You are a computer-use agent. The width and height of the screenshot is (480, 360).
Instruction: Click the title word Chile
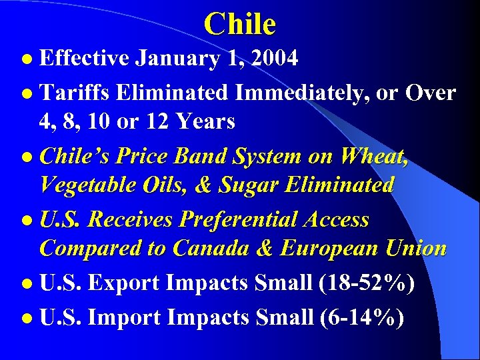pyautogui.click(x=240, y=24)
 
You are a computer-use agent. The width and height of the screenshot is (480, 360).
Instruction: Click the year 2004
pyautogui.click(x=273, y=59)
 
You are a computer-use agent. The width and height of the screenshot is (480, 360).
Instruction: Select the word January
pyautogui.click(x=176, y=59)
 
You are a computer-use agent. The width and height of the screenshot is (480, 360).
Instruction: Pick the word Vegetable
pyautogui.click(x=88, y=185)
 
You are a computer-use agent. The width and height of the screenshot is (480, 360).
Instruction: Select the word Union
pyautogui.click(x=415, y=248)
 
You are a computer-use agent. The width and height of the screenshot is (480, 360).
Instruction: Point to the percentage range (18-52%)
pyautogui.click(x=367, y=283)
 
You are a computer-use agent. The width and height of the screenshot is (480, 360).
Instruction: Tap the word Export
pyautogui.click(x=125, y=283)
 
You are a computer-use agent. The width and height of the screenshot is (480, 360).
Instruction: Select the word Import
pyautogui.click(x=124, y=317)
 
